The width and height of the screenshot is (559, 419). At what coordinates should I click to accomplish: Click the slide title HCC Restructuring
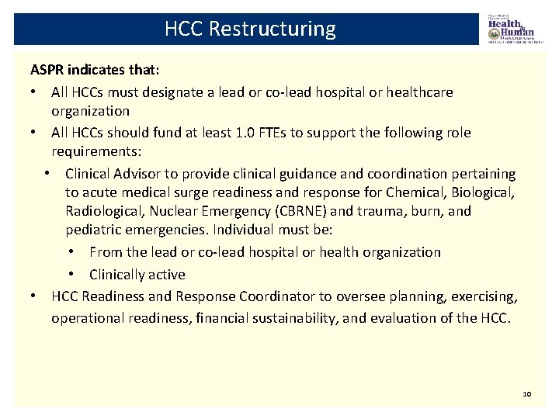250,29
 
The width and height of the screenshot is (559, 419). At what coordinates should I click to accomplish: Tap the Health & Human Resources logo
511,29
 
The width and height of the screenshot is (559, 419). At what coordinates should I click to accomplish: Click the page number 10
526,395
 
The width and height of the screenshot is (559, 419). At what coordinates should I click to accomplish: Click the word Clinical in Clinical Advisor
89,173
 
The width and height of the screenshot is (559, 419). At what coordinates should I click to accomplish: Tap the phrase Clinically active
137,274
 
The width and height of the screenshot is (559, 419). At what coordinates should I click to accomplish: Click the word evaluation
411,317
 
